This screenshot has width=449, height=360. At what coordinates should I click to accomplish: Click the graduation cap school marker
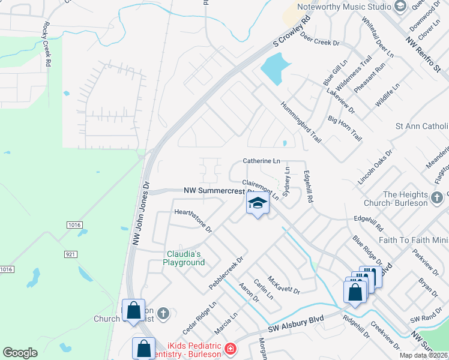click(x=258, y=205)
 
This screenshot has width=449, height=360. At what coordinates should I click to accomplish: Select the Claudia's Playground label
click(x=184, y=258)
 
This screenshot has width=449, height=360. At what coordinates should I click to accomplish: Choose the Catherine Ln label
click(x=261, y=161)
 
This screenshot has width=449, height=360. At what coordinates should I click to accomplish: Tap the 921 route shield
click(x=71, y=254)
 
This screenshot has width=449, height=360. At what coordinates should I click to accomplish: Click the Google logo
click(x=20, y=353)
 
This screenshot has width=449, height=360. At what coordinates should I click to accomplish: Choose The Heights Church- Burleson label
click(x=406, y=199)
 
